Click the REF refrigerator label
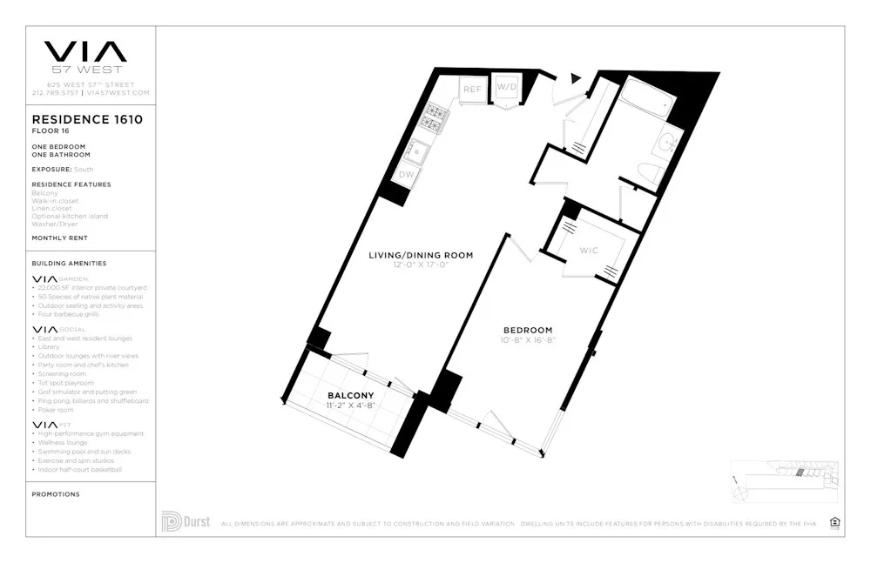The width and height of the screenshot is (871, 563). click(x=472, y=90)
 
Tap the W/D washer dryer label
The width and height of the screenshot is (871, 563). click(x=506, y=88)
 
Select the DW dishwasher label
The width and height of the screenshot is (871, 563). click(x=406, y=175)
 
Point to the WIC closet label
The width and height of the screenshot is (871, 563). click(x=590, y=251)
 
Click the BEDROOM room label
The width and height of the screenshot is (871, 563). click(x=528, y=330)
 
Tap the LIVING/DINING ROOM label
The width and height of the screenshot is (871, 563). click(x=421, y=255)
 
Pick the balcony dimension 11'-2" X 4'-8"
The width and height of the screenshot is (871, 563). click(x=351, y=405)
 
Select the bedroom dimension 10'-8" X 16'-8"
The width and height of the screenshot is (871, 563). click(x=528, y=340)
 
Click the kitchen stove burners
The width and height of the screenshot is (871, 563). click(x=435, y=117)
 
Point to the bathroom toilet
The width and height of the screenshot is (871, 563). click(x=648, y=172)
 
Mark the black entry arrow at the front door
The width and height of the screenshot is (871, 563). click(x=575, y=78)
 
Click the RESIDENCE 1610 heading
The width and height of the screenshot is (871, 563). click(x=87, y=120)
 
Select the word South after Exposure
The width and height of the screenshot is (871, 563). click(x=84, y=170)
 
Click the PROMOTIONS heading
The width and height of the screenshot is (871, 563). click(x=56, y=494)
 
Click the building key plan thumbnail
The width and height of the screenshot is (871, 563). click(x=786, y=481)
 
